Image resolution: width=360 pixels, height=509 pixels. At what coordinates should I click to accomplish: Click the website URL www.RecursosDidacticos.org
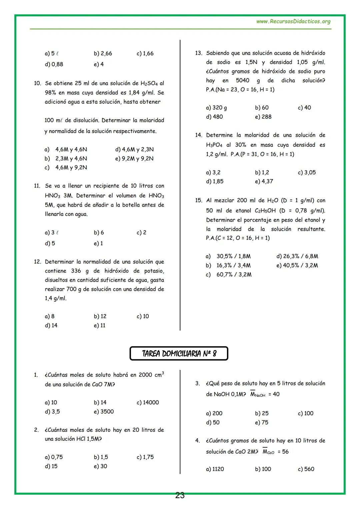[293, 22]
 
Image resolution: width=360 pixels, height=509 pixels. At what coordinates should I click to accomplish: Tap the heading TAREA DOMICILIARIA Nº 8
[179, 354]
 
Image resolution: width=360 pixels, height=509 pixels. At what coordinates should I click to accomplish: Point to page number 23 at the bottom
[180, 496]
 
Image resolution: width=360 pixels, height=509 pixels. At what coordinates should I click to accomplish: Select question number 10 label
[37, 83]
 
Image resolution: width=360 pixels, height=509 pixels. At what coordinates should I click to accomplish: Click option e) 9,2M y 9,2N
[134, 159]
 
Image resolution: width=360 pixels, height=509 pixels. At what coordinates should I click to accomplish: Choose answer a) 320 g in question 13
[216, 108]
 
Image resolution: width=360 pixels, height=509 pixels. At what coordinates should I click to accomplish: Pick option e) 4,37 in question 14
[264, 181]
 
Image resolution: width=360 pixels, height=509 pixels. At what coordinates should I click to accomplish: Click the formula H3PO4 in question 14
[214, 145]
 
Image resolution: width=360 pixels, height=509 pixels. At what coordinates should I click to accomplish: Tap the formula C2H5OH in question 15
[265, 211]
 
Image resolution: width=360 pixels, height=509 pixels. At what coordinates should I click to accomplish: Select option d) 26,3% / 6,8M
[297, 256]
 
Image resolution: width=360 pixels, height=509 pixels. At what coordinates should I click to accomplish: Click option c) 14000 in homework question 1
[148, 402]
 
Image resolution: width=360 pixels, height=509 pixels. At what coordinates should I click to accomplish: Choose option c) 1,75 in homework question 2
[145, 457]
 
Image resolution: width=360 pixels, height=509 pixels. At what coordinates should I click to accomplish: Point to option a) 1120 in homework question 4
[215, 469]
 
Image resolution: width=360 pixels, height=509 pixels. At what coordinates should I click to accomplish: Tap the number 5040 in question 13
[242, 80]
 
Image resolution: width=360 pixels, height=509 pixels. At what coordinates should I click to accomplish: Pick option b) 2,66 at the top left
[103, 53]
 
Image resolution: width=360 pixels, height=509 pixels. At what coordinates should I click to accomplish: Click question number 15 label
[199, 200]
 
